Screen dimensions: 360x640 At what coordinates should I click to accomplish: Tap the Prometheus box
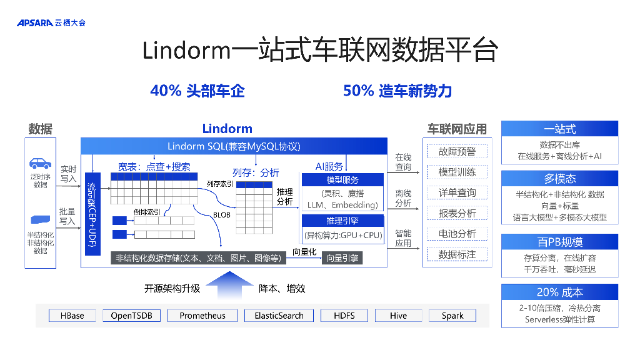[202, 316]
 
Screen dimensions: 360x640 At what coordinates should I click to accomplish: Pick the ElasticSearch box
[279, 316]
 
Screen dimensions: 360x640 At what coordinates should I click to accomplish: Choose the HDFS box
[344, 316]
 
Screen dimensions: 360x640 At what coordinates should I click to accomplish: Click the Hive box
[398, 316]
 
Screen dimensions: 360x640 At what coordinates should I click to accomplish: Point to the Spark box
[452, 316]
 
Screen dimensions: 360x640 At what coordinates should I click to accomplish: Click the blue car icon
[40, 164]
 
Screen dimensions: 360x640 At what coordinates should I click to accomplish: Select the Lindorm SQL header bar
[234, 146]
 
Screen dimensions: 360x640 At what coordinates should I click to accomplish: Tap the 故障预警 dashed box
[457, 151]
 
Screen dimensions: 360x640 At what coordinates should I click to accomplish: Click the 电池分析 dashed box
[457, 234]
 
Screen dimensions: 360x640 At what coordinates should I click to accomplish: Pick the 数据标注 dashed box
[457, 254]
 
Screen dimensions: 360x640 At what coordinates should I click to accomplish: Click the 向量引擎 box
[342, 257]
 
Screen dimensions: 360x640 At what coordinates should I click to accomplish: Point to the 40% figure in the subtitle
[166, 91]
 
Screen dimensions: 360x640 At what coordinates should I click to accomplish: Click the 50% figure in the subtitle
[358, 91]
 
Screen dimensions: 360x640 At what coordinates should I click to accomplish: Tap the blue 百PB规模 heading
[559, 242]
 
